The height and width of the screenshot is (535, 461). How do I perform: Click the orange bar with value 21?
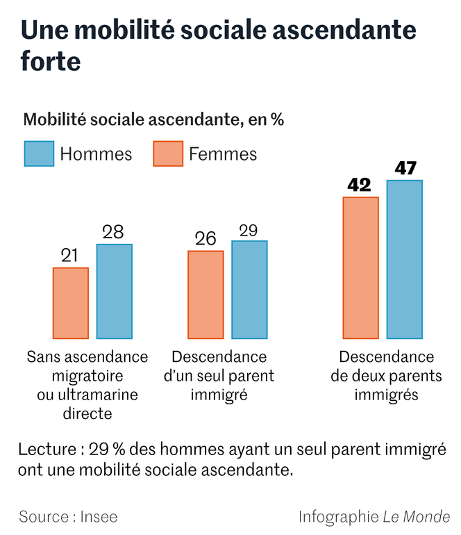(x=71, y=303)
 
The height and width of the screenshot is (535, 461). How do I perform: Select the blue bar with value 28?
(x=115, y=291)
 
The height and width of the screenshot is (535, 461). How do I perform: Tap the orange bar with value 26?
(x=206, y=295)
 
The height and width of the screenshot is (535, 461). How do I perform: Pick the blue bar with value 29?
(x=249, y=290)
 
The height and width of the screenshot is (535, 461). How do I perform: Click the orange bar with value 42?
(x=361, y=267)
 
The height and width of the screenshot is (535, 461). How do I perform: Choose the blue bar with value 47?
(x=405, y=259)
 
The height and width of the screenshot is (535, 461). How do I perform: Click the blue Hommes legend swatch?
(x=39, y=154)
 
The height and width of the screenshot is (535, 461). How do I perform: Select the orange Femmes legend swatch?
(x=168, y=154)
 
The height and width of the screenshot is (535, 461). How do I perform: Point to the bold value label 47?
(x=405, y=168)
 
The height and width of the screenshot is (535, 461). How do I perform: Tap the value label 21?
(x=70, y=256)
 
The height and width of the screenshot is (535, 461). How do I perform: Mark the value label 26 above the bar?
(x=206, y=239)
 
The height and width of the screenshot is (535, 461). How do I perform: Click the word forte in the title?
(x=50, y=61)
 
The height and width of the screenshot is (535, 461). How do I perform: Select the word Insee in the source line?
(x=99, y=517)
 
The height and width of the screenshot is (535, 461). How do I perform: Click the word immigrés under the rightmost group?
(x=386, y=395)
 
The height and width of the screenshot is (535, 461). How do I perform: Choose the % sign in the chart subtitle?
(x=277, y=120)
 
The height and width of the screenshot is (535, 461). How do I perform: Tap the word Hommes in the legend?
(x=96, y=154)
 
